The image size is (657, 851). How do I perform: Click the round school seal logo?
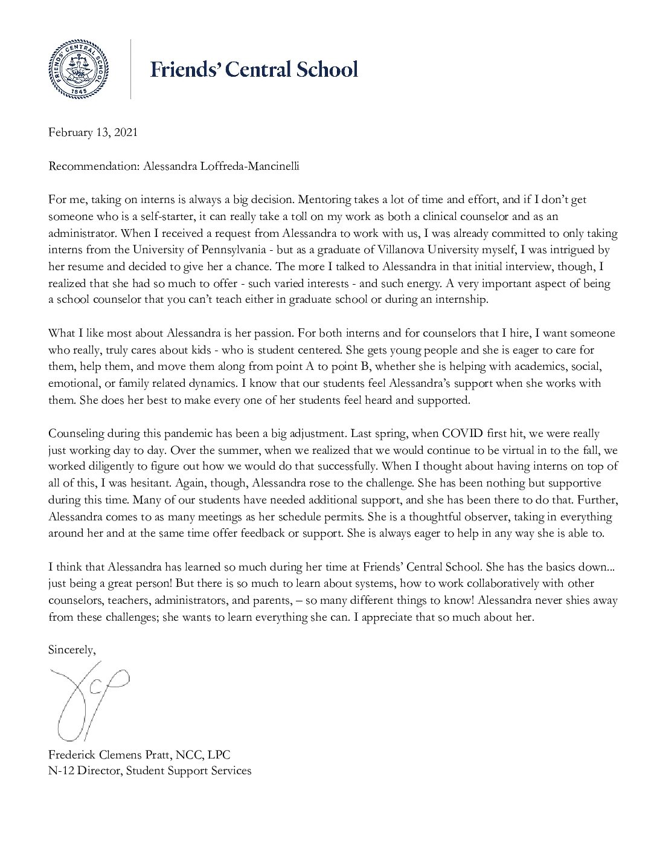point(75,68)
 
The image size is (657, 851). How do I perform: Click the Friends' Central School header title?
point(254,69)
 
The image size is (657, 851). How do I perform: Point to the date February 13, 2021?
point(93,132)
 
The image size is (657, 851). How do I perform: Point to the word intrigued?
point(572,250)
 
